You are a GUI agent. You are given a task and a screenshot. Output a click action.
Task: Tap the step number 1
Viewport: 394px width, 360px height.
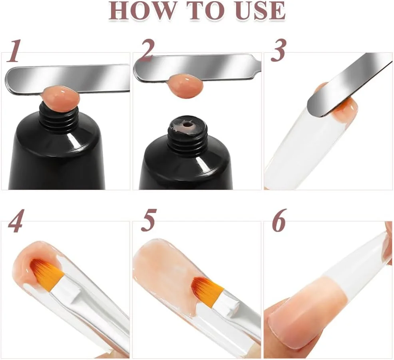(14, 51)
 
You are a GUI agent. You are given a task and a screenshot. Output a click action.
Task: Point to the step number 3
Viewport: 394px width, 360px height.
(278, 50)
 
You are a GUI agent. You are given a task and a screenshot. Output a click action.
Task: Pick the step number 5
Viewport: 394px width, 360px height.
(149, 220)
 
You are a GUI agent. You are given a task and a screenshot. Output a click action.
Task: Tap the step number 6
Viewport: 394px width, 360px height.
(279, 220)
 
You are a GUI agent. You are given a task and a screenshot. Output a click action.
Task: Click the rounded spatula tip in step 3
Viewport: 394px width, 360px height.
(315, 107)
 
